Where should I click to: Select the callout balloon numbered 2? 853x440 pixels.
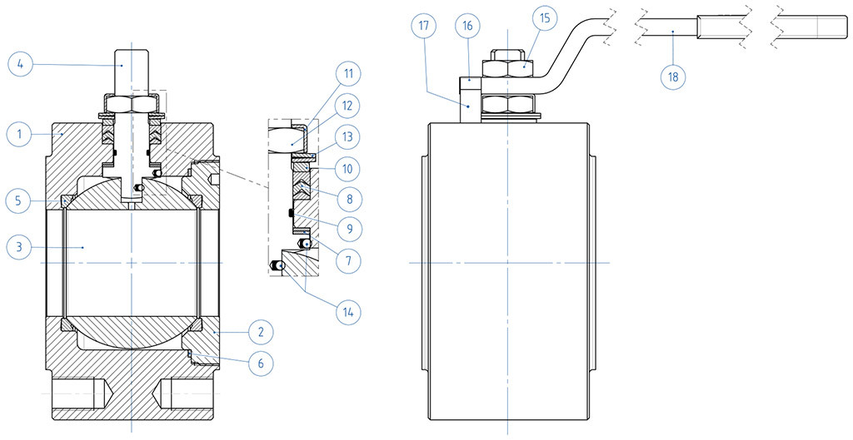point(261,332)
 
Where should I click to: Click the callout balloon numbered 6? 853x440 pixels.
point(261,363)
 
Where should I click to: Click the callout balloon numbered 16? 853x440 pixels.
point(467,27)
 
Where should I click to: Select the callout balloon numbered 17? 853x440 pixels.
point(425,27)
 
